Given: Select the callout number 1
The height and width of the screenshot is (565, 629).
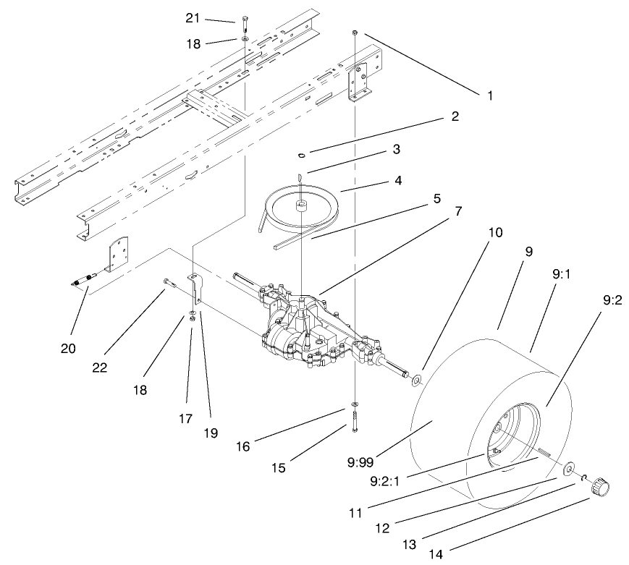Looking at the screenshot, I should (489, 95).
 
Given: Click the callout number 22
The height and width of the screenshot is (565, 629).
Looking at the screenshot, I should (99, 367).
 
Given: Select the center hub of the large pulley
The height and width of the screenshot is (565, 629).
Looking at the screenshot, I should (299, 206).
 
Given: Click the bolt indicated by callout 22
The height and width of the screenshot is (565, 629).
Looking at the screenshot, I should (170, 282).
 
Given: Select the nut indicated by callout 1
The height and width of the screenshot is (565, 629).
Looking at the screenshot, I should (355, 33).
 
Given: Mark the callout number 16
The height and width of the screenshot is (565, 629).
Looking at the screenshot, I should (243, 446).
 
